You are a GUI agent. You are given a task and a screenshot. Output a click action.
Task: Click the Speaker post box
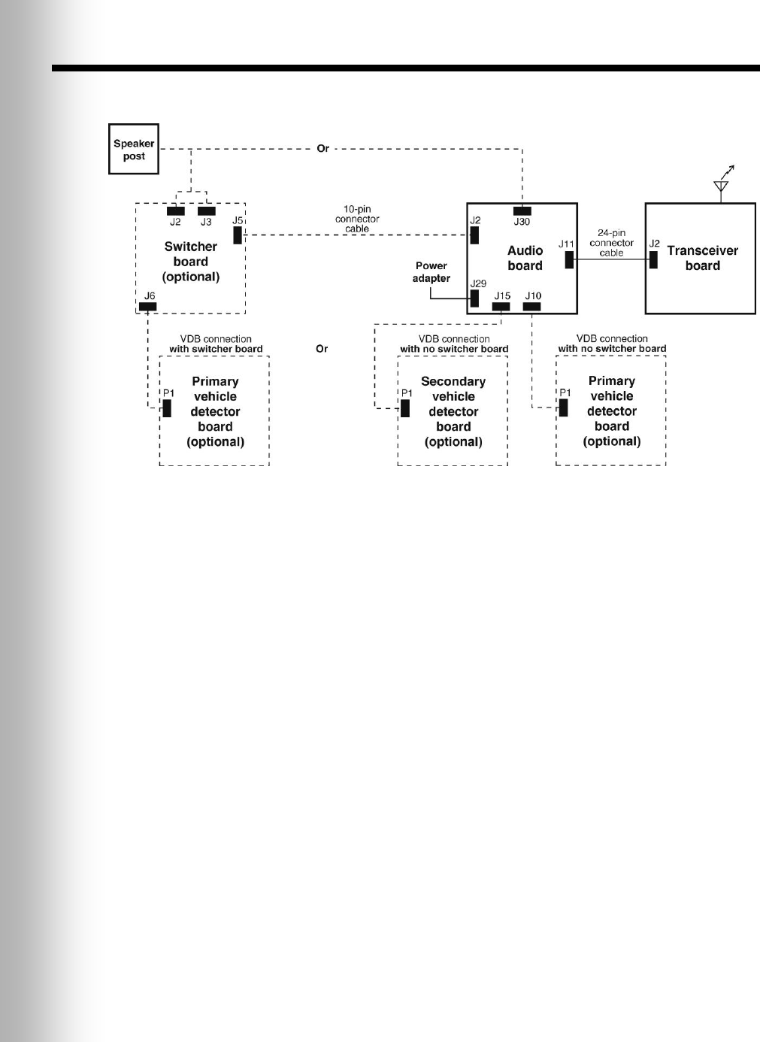[x=134, y=150]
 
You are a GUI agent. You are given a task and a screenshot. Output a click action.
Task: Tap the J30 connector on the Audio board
[x=522, y=211]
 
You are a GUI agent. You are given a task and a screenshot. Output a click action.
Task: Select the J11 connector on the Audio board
[x=569, y=259]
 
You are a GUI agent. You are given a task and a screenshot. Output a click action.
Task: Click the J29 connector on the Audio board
[x=474, y=298]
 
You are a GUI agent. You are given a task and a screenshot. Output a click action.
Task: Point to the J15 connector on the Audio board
[x=501, y=307]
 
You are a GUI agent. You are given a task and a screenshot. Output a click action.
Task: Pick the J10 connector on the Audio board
[x=532, y=307]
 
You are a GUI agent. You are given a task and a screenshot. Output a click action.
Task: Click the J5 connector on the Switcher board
[x=238, y=235]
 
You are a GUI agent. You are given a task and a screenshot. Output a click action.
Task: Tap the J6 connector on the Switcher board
[x=148, y=307]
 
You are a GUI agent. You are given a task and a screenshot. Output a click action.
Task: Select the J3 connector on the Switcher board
[x=206, y=211]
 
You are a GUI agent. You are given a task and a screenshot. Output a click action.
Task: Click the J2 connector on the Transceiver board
[x=653, y=259]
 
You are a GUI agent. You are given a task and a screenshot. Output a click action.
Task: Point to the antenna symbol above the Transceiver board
[x=722, y=184]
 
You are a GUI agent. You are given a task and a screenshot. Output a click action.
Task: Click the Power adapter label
[x=431, y=272]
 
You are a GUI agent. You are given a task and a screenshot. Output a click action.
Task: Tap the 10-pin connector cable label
[x=357, y=219]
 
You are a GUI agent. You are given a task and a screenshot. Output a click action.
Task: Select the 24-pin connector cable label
[x=611, y=243]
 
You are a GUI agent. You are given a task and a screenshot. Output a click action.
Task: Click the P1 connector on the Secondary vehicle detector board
[x=405, y=408]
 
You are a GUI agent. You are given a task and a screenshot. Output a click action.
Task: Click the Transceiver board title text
[x=702, y=258]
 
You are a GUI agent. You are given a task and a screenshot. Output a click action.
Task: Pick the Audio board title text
[x=525, y=258]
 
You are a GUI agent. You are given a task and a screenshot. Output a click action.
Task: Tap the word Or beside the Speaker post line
[x=322, y=149]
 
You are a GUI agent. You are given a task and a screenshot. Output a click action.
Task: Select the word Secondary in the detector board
[x=453, y=382]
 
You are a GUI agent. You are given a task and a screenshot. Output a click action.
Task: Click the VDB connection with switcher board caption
[x=216, y=344]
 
